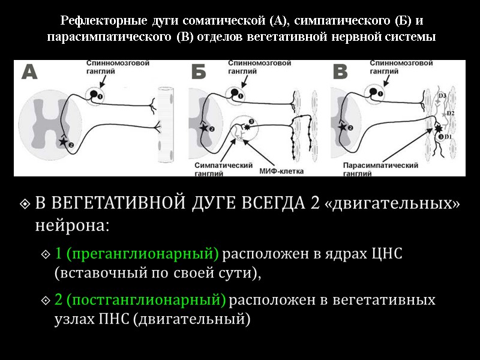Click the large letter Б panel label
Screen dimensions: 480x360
[199, 73]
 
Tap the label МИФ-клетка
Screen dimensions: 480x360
[282, 170]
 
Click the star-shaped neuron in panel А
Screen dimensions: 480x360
[64, 142]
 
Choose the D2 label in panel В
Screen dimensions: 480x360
[452, 113]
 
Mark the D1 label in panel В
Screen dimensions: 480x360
[448, 137]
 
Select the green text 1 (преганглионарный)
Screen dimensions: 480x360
[137, 254]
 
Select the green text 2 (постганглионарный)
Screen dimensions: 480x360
[140, 299]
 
